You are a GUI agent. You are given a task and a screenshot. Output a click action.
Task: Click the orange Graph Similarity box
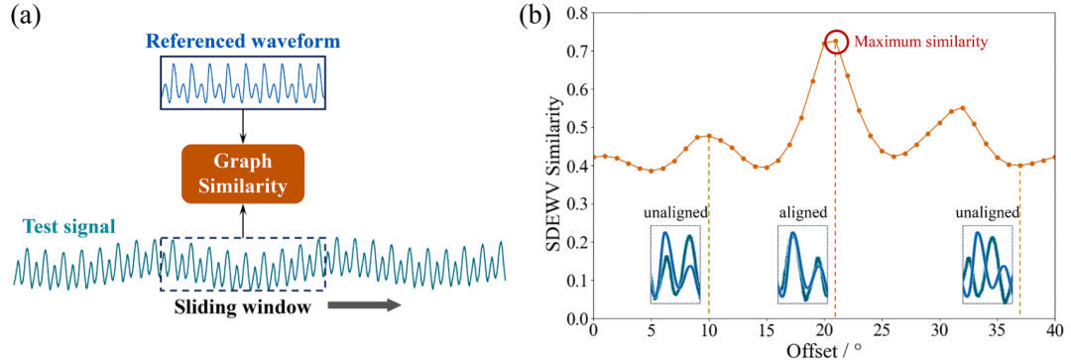pyautogui.click(x=243, y=174)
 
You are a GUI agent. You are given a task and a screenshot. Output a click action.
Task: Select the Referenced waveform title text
pyautogui.click(x=243, y=42)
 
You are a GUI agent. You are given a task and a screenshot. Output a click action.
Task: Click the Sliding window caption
pyautogui.click(x=244, y=307)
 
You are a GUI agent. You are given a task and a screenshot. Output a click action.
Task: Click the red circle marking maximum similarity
pyautogui.click(x=836, y=42)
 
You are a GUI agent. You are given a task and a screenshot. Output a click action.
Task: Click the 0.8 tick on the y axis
pyautogui.click(x=577, y=13)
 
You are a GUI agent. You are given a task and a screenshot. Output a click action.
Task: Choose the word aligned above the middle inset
pyautogui.click(x=802, y=212)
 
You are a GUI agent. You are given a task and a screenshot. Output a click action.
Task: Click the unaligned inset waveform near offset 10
pyautogui.click(x=675, y=265)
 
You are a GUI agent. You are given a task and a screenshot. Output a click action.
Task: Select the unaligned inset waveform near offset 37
pyautogui.click(x=988, y=265)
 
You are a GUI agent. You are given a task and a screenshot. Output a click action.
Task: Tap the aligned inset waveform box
pyautogui.click(x=802, y=265)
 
